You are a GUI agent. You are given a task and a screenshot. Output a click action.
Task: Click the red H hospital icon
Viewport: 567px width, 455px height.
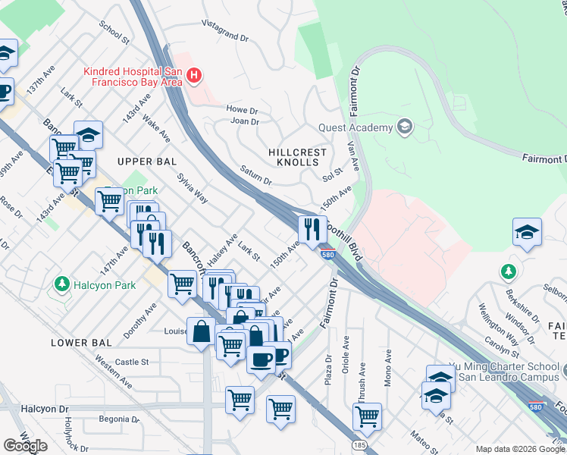point(194,75)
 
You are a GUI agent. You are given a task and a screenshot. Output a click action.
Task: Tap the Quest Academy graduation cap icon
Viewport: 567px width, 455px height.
point(404,127)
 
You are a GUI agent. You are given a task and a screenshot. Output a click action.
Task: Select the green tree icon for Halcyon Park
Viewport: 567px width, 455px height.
point(61,284)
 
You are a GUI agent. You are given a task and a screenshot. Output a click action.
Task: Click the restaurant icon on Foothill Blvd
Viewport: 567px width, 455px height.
point(312,228)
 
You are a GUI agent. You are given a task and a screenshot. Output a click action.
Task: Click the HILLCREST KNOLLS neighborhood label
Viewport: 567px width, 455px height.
point(298,157)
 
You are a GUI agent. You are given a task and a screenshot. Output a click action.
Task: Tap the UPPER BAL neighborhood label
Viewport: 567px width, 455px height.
point(146,162)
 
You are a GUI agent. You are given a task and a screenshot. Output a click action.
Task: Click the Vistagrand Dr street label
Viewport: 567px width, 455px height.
point(226,31)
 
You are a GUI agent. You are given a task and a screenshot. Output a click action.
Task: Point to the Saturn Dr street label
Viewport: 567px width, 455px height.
point(255,176)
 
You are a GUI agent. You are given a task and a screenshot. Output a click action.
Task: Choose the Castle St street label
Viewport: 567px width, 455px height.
point(132,362)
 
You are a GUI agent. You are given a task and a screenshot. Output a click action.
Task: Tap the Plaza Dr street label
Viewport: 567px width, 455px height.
point(328,369)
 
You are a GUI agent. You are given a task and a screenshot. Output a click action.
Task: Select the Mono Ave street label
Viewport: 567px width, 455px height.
point(387,368)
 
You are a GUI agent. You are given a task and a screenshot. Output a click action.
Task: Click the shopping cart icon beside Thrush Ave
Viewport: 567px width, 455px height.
point(367,416)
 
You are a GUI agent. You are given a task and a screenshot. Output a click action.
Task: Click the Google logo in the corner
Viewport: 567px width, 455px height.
point(25,446)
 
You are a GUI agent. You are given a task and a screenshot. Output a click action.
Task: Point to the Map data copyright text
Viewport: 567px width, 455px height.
point(520,449)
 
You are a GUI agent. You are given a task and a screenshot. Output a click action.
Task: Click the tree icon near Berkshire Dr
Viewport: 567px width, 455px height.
point(508,271)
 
